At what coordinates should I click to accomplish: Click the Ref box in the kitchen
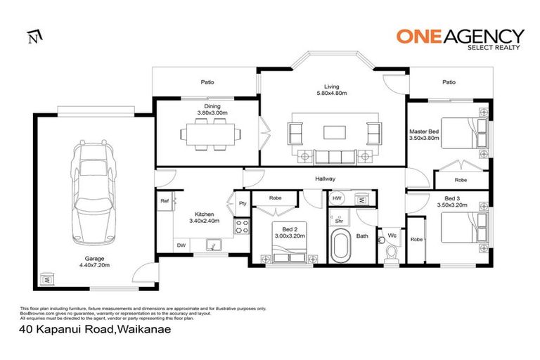click(165, 200)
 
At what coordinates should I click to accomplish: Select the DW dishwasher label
click(182, 245)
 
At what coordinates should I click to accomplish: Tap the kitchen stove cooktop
click(242, 226)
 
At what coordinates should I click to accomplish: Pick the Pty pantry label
click(242, 204)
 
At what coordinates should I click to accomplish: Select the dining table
click(208, 131)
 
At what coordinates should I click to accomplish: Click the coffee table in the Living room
click(333, 131)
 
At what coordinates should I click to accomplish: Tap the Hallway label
click(324, 179)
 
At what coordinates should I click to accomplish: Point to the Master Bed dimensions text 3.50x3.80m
click(424, 139)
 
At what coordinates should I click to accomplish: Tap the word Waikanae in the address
click(146, 328)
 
